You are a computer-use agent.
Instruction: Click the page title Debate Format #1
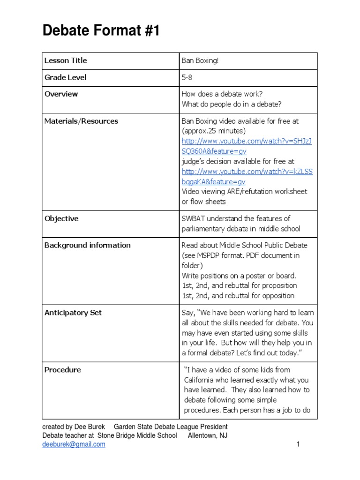[101, 31]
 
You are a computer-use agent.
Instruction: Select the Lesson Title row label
[66, 60]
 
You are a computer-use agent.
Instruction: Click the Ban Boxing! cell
[200, 60]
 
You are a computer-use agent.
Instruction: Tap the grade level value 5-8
[187, 77]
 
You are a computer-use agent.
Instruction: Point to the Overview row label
[61, 94]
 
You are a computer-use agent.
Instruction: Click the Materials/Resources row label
[81, 121]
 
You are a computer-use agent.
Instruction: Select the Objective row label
[61, 218]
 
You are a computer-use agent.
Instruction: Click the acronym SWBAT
[194, 218]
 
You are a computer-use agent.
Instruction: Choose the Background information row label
[87, 245]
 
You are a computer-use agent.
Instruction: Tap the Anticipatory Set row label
[73, 313]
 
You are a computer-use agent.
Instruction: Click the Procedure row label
[62, 370]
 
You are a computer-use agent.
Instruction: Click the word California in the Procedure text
[200, 380]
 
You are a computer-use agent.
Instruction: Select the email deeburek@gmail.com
[74, 444]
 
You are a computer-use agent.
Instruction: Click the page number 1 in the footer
[298, 444]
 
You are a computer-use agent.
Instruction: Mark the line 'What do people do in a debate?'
[231, 104]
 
